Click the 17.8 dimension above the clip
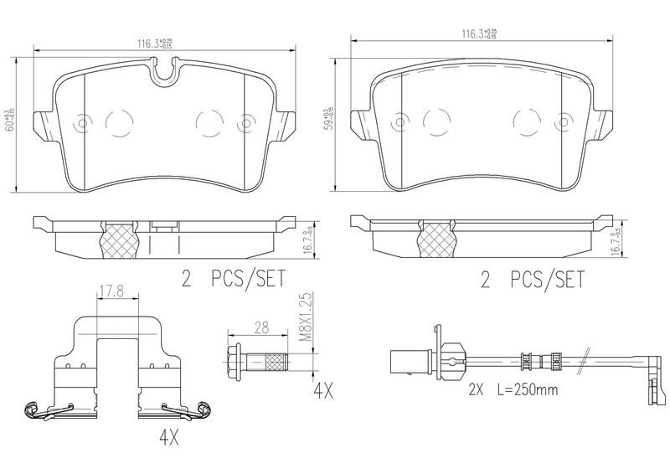pyautogui.click(x=111, y=292)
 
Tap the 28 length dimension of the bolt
pyautogui.click(x=261, y=327)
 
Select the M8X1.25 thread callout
pyautogui.click(x=306, y=317)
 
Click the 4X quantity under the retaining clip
pyautogui.click(x=169, y=437)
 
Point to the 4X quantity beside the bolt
pyautogui.click(x=324, y=390)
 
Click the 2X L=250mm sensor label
pyautogui.click(x=513, y=389)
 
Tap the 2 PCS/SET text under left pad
pyautogui.click(x=234, y=280)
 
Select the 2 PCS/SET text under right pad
pyautogui.click(x=532, y=281)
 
